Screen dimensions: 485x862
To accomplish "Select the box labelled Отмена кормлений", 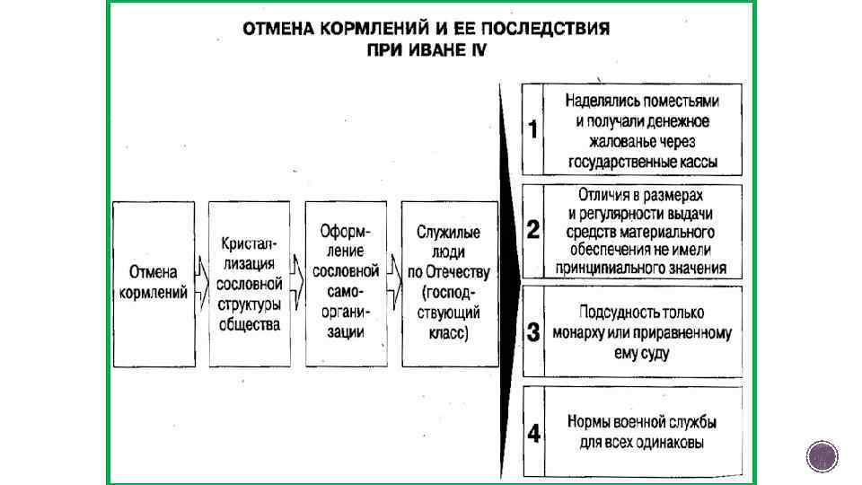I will point(153,283).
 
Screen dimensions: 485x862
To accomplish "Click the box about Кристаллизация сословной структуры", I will point(250,283).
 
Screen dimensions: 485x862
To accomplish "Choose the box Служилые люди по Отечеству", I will point(450,283).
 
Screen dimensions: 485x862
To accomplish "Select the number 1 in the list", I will point(533,130).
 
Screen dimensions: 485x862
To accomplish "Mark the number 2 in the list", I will point(533,231).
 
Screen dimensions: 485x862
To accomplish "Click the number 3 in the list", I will point(533,333).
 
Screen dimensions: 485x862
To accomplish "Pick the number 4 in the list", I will point(533,434).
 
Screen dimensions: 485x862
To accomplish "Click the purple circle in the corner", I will point(822,456).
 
